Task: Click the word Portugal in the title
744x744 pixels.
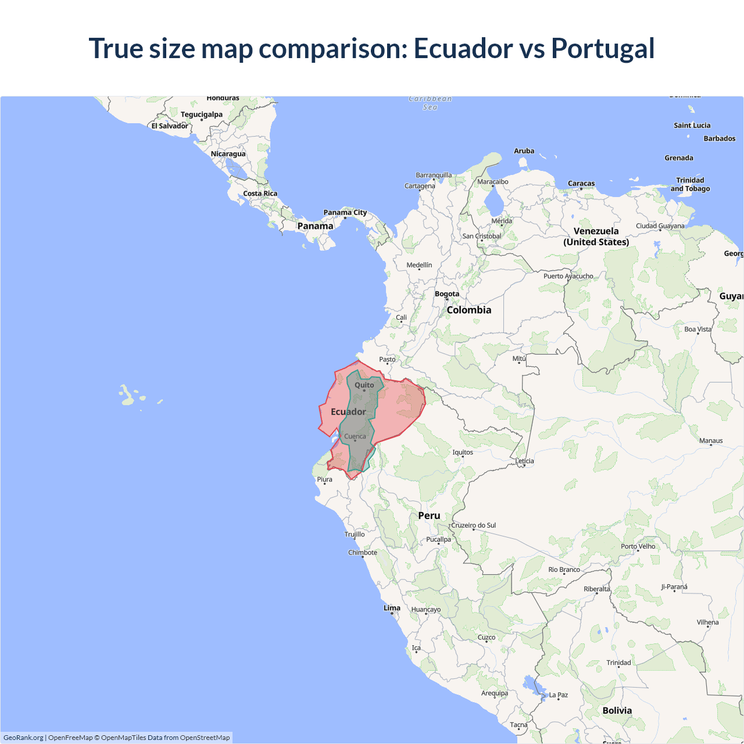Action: pyautogui.click(x=603, y=49)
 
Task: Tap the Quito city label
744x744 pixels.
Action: pyautogui.click(x=364, y=385)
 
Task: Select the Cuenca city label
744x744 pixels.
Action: pyautogui.click(x=355, y=437)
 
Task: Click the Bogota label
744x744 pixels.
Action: pyautogui.click(x=447, y=294)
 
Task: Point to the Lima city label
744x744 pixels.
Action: pyautogui.click(x=392, y=608)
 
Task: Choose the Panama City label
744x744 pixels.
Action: pyautogui.click(x=345, y=213)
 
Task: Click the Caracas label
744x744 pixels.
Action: pyautogui.click(x=581, y=184)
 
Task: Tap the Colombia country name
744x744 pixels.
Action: pyautogui.click(x=469, y=310)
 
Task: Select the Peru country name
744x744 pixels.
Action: pyautogui.click(x=429, y=516)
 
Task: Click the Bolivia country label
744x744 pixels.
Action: pyautogui.click(x=617, y=710)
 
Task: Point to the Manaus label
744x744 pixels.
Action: pyautogui.click(x=711, y=441)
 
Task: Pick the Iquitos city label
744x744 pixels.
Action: pyautogui.click(x=463, y=452)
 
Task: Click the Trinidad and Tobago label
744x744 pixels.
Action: pyautogui.click(x=690, y=184)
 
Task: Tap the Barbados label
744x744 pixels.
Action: pyautogui.click(x=720, y=139)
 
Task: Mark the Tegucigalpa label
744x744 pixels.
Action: pyautogui.click(x=201, y=115)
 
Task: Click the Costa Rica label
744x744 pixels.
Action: pyautogui.click(x=260, y=194)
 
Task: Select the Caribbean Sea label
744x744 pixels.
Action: pyautogui.click(x=430, y=103)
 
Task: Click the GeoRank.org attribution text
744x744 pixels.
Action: pyautogui.click(x=23, y=738)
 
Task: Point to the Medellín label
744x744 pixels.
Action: pyautogui.click(x=419, y=265)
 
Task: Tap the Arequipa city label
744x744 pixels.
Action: pyautogui.click(x=495, y=693)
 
